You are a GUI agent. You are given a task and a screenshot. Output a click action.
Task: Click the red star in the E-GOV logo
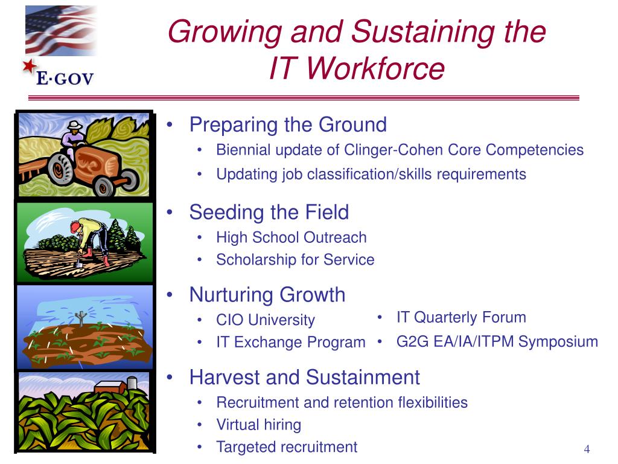[29, 66]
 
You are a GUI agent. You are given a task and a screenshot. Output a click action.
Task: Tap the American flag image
[61, 30]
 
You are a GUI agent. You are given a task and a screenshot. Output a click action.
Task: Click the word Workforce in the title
[375, 68]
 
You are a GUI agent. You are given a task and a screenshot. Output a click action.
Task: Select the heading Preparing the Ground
[288, 124]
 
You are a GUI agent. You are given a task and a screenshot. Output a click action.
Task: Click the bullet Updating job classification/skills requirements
[371, 175]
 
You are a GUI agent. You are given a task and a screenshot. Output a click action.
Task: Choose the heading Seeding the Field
[269, 212]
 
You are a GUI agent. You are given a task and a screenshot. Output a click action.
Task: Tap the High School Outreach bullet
[291, 237]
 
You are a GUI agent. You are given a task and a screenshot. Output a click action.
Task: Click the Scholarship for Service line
[295, 260]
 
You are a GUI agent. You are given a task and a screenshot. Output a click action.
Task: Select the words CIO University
[266, 320]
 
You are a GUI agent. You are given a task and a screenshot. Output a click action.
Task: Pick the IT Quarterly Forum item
[461, 317]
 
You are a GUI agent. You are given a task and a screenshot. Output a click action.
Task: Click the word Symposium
[558, 342]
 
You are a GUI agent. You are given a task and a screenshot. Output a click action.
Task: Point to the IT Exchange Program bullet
[291, 342]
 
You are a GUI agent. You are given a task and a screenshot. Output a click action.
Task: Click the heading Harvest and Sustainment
[305, 377]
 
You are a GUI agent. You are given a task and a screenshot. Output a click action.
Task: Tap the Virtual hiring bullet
[259, 425]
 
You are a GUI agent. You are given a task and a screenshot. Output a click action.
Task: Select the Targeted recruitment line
[287, 447]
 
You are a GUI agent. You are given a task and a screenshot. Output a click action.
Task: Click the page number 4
[587, 449]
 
